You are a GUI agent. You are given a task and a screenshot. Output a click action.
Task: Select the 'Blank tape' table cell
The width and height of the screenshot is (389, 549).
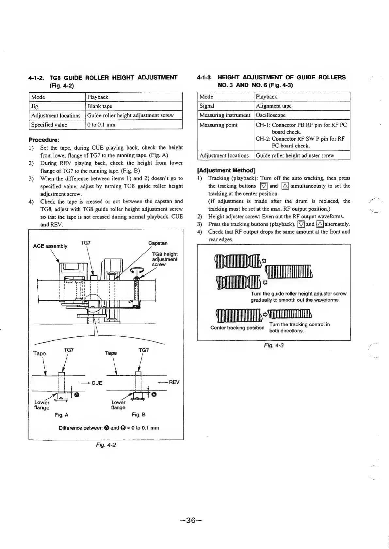click(x=100, y=106)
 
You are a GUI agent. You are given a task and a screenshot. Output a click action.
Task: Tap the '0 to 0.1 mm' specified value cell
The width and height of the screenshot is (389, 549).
click(x=101, y=125)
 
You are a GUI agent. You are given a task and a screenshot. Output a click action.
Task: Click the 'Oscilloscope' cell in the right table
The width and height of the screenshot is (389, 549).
click(x=271, y=115)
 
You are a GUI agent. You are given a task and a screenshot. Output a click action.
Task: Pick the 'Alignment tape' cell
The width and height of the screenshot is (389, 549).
click(x=274, y=106)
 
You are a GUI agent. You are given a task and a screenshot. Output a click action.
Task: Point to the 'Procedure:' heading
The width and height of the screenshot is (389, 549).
click(x=43, y=140)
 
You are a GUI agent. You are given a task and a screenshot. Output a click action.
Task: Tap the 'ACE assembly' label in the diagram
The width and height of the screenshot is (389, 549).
click(x=50, y=246)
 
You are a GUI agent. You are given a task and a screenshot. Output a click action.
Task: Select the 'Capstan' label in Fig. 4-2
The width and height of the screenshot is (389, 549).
click(x=158, y=243)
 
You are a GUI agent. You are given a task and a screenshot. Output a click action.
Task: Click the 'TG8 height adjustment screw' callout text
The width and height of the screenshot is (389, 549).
click(x=165, y=259)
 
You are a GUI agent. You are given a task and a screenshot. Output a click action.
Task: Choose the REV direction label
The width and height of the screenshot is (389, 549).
click(x=174, y=382)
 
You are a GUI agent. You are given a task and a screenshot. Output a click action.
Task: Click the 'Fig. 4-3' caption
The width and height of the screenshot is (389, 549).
click(x=273, y=345)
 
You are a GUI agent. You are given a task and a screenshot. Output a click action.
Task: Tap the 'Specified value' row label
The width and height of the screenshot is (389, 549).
click(x=49, y=125)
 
